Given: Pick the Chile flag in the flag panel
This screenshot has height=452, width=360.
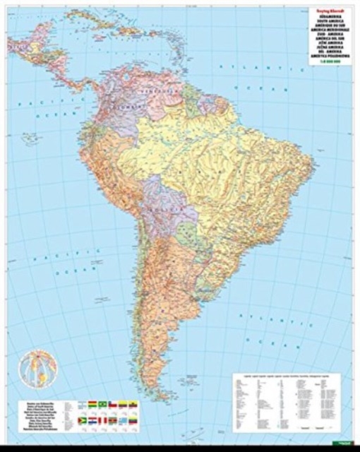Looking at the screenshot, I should coord(111,405).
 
